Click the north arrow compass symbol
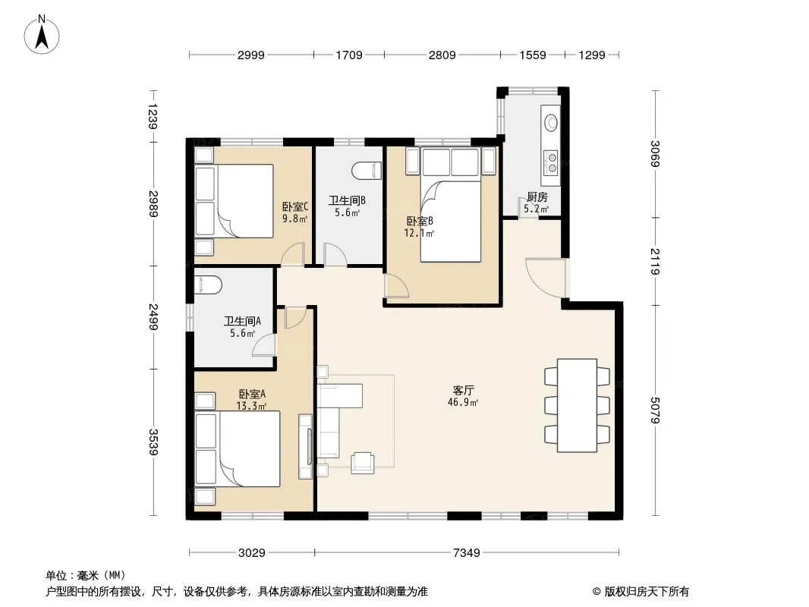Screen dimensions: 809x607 pyautogui.click(x=42, y=35)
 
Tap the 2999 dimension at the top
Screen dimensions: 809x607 pyautogui.click(x=250, y=55)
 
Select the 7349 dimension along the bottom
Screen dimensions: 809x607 pyautogui.click(x=467, y=553)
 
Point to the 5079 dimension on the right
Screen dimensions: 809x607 pyautogui.click(x=655, y=410)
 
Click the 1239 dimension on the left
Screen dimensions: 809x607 pyautogui.click(x=153, y=116)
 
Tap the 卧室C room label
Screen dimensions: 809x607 pyautogui.click(x=295, y=207)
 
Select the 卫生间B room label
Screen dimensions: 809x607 pyautogui.click(x=348, y=200)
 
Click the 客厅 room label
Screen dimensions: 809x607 pyautogui.click(x=464, y=391)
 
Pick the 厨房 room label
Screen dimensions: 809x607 pyautogui.click(x=537, y=197)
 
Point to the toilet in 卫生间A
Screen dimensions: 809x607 pyautogui.click(x=208, y=285)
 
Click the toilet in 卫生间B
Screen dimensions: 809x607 pyautogui.click(x=367, y=171)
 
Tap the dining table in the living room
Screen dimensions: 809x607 pyautogui.click(x=577, y=405)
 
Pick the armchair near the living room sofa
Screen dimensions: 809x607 pyautogui.click(x=362, y=463)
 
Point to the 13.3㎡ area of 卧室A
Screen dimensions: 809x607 pyautogui.click(x=251, y=406)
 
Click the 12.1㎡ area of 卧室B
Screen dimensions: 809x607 pyautogui.click(x=419, y=233)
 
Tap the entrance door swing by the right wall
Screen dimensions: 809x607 pyautogui.click(x=546, y=278)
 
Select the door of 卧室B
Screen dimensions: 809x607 pyautogui.click(x=396, y=286)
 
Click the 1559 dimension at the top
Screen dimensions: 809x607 pyautogui.click(x=533, y=55)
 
